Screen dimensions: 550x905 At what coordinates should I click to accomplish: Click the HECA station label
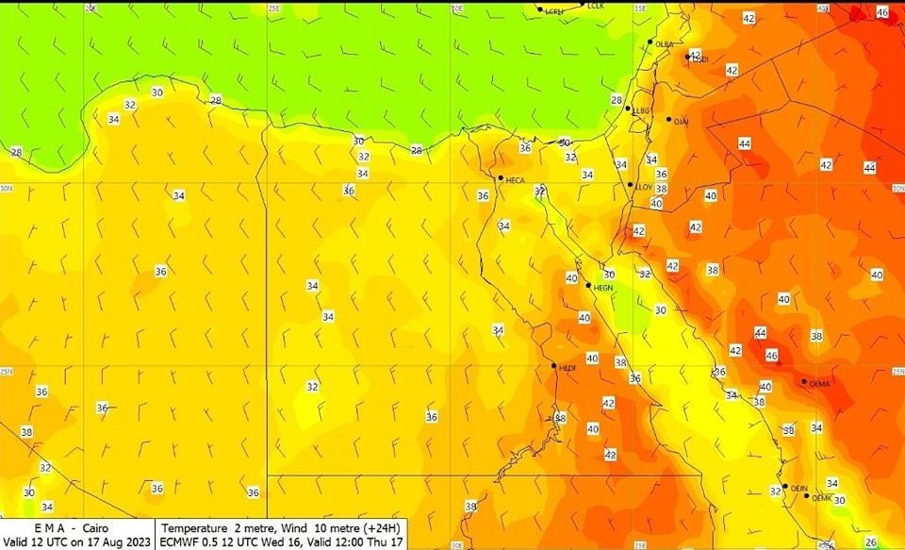tap(516, 180)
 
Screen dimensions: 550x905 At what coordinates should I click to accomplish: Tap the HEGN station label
tap(603, 287)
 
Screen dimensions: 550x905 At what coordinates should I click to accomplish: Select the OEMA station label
tap(819, 384)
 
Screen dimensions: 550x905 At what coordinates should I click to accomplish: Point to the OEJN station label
tap(799, 489)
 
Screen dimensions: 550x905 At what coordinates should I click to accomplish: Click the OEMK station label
tap(822, 498)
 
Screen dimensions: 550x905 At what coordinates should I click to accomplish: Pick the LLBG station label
tap(643, 111)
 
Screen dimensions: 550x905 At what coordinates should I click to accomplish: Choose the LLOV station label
tap(645, 187)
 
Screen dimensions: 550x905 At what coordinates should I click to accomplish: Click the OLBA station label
tap(665, 44)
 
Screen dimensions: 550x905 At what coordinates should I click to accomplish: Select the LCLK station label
tap(595, 6)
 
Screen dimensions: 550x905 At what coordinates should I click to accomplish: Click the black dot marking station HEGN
tap(588, 285)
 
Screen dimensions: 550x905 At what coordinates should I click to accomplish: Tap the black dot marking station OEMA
tap(804, 382)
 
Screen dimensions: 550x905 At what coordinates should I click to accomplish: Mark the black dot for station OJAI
tap(668, 120)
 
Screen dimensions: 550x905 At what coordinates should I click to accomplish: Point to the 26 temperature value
tap(871, 542)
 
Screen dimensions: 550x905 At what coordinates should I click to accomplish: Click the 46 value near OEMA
tap(772, 357)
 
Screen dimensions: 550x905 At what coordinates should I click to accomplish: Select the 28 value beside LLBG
tap(617, 100)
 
